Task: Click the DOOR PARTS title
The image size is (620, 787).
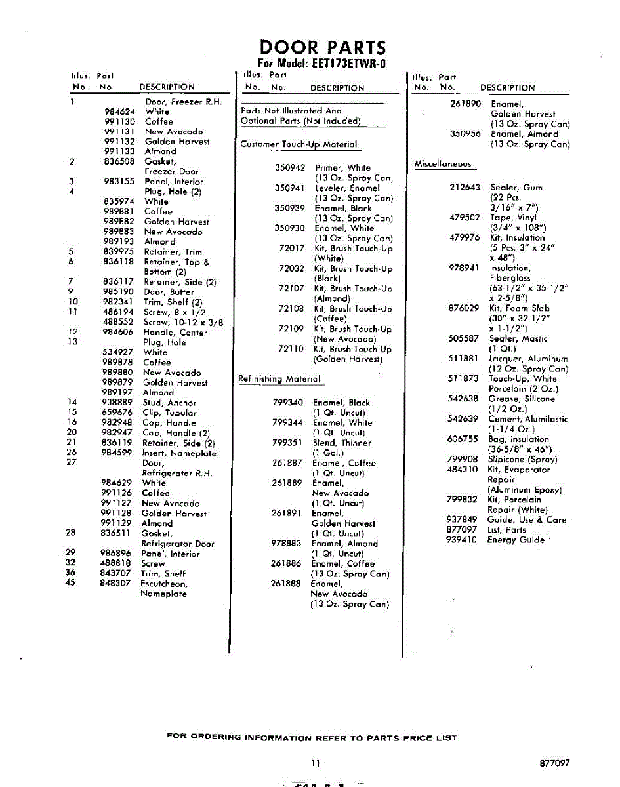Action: coord(323,48)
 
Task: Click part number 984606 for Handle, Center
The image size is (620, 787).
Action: coord(119,333)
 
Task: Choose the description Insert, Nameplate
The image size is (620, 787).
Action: coord(179,453)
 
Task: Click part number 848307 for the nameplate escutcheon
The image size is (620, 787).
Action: coord(117,584)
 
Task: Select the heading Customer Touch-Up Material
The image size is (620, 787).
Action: coord(299,144)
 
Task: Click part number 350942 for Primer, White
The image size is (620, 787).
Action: coord(290,168)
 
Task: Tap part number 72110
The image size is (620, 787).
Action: coord(291,350)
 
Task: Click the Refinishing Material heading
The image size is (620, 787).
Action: coord(279,379)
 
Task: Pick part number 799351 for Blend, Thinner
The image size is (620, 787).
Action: coord(287,443)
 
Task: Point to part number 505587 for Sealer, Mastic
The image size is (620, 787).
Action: coord(464,339)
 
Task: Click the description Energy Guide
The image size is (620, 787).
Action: coord(515,540)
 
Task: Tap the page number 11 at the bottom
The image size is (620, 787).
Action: coord(316,763)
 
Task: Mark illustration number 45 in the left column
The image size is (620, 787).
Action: coord(71,584)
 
